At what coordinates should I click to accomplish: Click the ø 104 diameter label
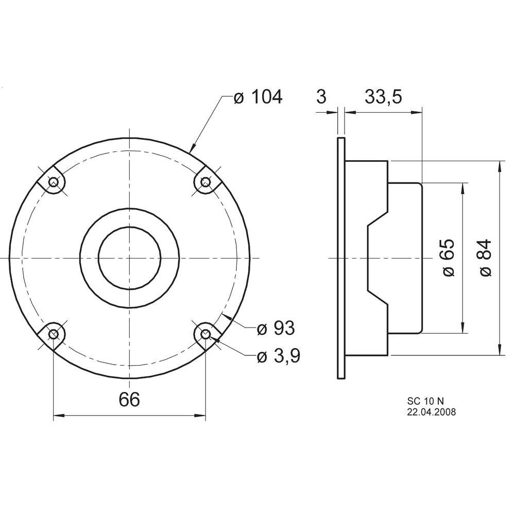click(258, 96)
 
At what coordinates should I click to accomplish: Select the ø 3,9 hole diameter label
click(279, 355)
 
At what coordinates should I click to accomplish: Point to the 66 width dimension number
click(129, 399)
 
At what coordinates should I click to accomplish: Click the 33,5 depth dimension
click(383, 96)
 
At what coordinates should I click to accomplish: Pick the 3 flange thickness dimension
click(321, 96)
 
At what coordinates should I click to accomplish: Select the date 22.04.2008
click(431, 411)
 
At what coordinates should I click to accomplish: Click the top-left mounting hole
click(53, 181)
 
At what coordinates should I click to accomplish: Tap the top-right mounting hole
click(205, 181)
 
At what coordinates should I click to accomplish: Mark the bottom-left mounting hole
click(53, 334)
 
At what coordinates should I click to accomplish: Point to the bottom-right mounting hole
click(205, 334)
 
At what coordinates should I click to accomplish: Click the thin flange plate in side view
click(340, 257)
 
